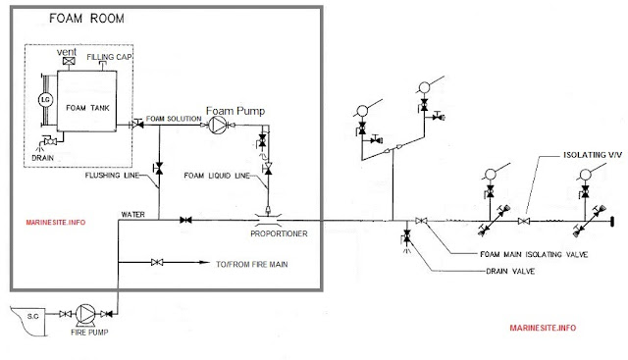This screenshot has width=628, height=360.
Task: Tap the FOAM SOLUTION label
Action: [x=173, y=120]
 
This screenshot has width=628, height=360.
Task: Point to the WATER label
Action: [x=132, y=212]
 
